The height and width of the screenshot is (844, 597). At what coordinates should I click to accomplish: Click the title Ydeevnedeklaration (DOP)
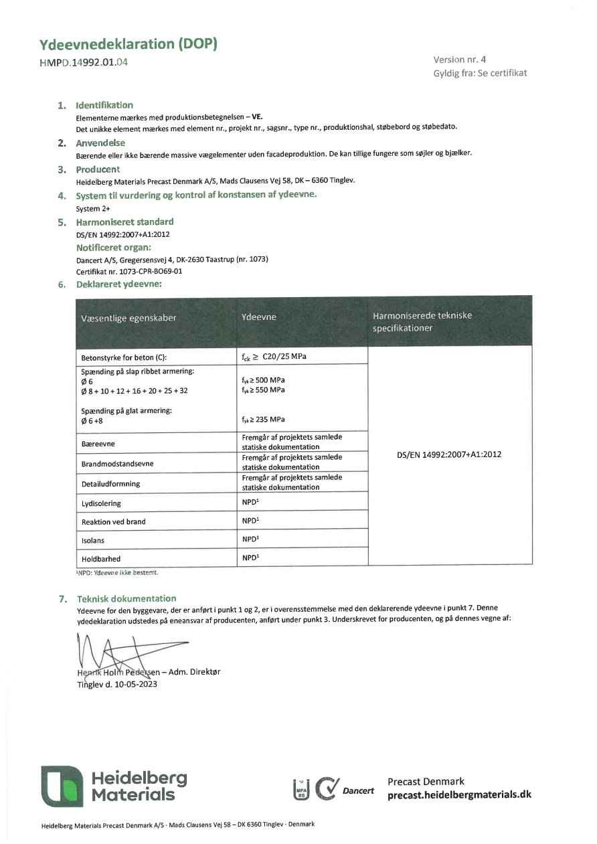point(129,45)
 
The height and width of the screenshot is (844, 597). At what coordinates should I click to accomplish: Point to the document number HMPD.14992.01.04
point(84,63)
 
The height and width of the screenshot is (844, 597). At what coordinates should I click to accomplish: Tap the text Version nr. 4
point(459,59)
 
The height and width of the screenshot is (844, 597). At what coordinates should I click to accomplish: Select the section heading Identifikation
point(104,105)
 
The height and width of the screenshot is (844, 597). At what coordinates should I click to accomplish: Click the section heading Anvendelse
point(100,143)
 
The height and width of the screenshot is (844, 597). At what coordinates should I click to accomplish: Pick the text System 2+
point(93,208)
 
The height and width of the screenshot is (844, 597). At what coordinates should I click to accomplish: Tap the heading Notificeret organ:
point(113,247)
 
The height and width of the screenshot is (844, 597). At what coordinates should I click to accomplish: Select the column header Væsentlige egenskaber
point(129,318)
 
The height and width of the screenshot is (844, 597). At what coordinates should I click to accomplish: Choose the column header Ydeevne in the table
point(258,317)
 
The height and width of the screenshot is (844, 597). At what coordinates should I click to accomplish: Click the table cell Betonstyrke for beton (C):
point(123,357)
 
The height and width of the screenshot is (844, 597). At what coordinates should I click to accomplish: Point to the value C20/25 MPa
point(284,356)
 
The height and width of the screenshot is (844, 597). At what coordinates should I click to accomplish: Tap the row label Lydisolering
point(101,503)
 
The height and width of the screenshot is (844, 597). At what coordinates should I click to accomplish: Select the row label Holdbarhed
point(101,558)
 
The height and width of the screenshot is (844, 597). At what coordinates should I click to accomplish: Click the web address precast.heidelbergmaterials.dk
point(459,794)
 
